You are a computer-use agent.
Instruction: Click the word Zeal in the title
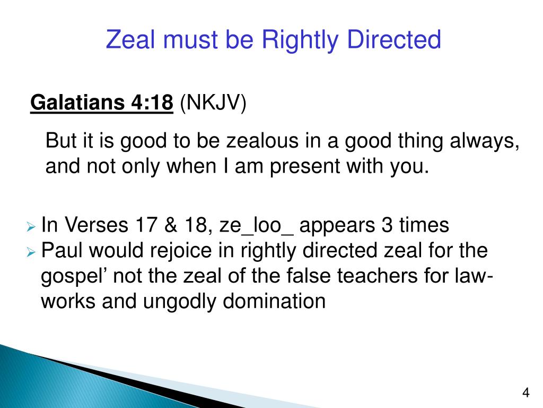tap(130, 39)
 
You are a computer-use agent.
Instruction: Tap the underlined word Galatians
tap(77, 103)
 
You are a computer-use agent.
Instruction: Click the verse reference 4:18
tap(152, 103)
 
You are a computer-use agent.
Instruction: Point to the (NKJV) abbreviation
tap(213, 103)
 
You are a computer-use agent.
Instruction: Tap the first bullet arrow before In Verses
tap(31, 227)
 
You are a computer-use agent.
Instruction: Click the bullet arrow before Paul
tap(31, 252)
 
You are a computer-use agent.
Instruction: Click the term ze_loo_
tap(257, 226)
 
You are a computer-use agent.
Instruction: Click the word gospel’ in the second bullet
tap(74, 277)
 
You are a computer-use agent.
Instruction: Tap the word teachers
tap(378, 276)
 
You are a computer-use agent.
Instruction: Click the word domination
tap(274, 301)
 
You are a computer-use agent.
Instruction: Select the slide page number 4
tap(526, 393)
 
